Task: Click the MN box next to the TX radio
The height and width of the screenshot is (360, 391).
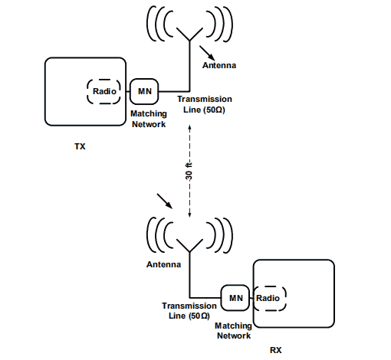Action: tap(143, 92)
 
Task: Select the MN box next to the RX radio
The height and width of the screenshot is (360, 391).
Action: tap(235, 297)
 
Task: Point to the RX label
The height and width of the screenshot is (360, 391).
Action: tap(275, 350)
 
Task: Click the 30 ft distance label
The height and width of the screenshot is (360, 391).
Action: tap(189, 173)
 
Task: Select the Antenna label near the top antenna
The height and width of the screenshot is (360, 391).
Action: tap(219, 66)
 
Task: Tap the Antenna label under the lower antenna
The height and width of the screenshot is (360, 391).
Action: tap(163, 264)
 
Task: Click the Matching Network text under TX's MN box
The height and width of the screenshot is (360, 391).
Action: tap(148, 119)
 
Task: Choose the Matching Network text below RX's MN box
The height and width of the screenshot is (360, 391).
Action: tap(234, 330)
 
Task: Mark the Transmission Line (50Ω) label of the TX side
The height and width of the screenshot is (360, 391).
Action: tap(204, 105)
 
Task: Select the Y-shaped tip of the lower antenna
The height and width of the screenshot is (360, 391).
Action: tap(189, 241)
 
